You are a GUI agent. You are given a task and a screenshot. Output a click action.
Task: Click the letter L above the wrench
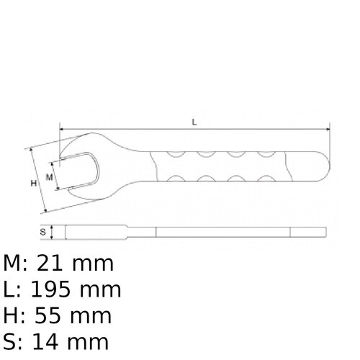(x=194, y=122)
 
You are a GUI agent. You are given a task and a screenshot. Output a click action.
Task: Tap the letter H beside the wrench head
(x=33, y=184)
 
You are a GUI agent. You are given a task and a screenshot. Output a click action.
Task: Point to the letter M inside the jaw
(x=50, y=176)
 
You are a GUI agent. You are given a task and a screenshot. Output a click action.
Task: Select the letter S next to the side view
(x=43, y=232)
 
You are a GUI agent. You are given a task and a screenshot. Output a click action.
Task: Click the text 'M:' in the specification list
(x=17, y=264)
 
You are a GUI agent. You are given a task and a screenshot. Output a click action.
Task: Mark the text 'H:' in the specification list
(x=14, y=316)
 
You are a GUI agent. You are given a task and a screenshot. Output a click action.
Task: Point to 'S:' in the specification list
(x=13, y=342)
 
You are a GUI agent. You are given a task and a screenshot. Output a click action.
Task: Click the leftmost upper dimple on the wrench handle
(x=175, y=153)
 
